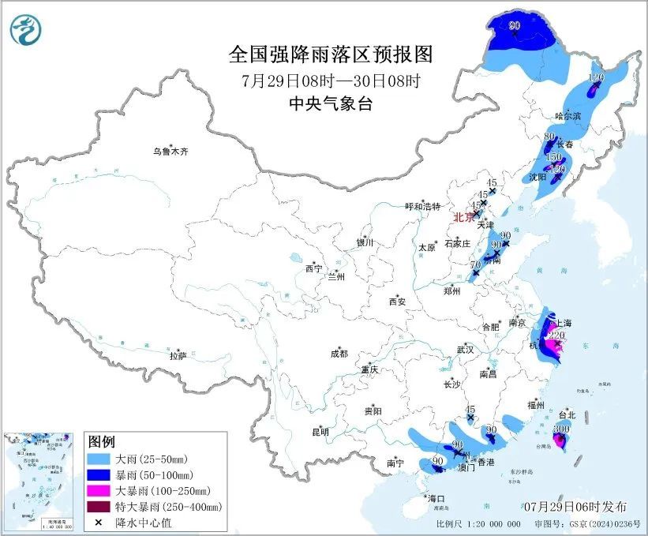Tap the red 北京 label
click(463, 217)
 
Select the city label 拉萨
click(178, 356)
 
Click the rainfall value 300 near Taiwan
click(561, 429)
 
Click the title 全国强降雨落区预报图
click(331, 54)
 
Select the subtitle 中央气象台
click(331, 104)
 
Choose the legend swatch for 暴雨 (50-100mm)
click(98, 474)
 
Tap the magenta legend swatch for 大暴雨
click(98, 490)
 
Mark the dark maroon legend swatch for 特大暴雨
click(98, 506)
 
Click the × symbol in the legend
click(98, 522)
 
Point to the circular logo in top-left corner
click(25, 30)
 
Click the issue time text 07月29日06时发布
click(575, 505)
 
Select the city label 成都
click(339, 354)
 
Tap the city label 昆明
click(320, 431)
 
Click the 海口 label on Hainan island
click(436, 499)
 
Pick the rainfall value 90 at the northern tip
click(515, 27)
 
